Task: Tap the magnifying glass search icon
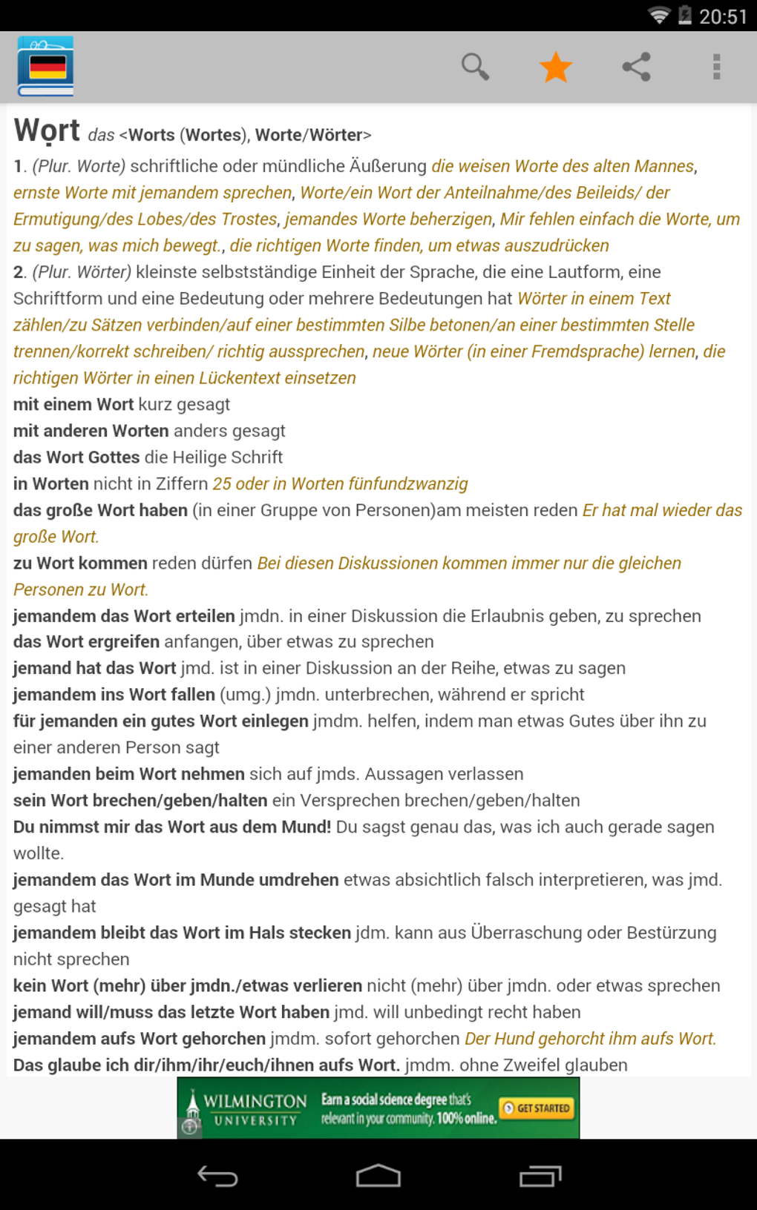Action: click(x=475, y=67)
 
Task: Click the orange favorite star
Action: click(x=556, y=67)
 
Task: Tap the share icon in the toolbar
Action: click(x=637, y=67)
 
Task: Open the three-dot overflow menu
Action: click(x=716, y=67)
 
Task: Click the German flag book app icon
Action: click(x=46, y=67)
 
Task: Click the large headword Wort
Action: click(x=47, y=130)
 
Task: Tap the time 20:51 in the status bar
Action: click(x=723, y=16)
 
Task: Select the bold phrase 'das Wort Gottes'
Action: click(x=76, y=457)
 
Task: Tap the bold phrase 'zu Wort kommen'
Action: click(x=80, y=563)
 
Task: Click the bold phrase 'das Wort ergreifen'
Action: click(x=86, y=642)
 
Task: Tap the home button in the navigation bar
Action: click(x=378, y=1176)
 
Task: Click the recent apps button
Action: click(x=540, y=1176)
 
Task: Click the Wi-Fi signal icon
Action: click(x=658, y=16)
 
